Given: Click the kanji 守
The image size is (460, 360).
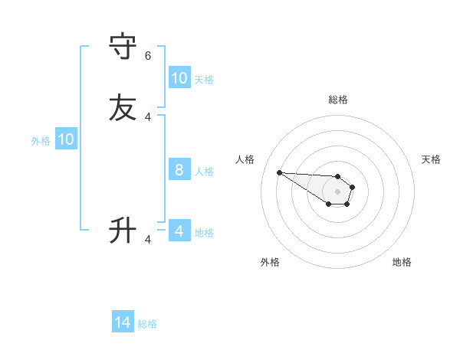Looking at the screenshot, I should tap(123, 47).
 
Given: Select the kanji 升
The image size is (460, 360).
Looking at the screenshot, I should tap(123, 230).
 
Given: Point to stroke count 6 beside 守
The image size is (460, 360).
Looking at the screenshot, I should tap(148, 56).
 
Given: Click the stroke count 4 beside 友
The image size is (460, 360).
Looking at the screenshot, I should tap(148, 117).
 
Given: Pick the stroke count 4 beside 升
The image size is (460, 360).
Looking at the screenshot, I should tap(148, 240).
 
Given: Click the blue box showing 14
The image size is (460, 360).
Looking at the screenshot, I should tap(123, 323).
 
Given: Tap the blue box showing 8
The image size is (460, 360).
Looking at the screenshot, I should tap(179, 170).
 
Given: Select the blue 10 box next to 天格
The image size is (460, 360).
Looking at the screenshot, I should tap(179, 78).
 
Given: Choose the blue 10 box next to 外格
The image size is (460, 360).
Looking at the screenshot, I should tap(66, 139).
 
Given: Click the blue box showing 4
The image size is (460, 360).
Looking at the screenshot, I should tap(179, 231).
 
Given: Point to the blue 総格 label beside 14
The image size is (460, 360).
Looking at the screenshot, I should tap(147, 324).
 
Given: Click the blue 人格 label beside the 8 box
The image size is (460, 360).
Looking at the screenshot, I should tap(204, 171).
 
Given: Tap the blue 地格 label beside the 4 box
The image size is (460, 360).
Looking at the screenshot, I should tap(204, 232).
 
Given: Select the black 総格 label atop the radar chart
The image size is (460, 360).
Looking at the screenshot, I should tap(338, 100).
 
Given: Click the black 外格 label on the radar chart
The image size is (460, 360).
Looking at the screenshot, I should tap(270, 262).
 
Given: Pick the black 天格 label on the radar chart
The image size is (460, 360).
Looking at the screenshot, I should tap(431, 159).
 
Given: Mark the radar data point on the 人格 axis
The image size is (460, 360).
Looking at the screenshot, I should tap(279, 172).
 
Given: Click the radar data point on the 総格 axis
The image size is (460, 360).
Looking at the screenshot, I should tap(338, 176).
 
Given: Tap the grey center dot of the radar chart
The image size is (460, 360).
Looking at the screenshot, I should tap(338, 191).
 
